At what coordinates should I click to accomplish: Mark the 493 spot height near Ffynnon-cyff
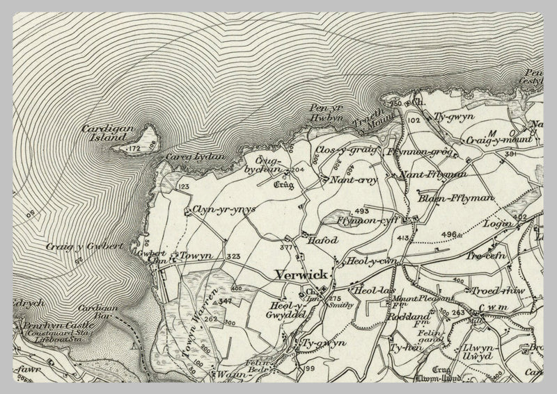coord(361,210)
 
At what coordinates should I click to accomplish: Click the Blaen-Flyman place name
coord(455,199)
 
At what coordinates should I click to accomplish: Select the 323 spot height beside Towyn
coord(233,257)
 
